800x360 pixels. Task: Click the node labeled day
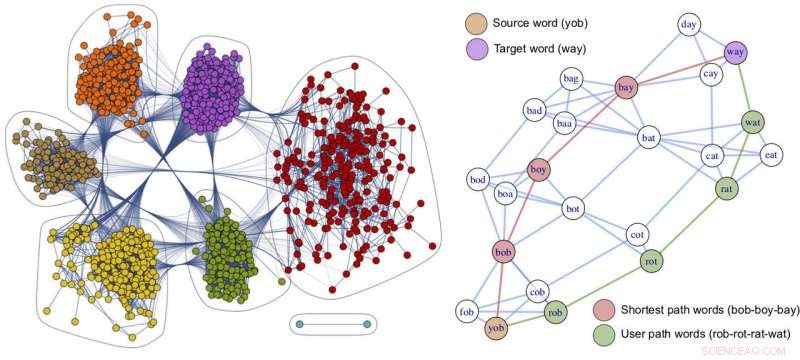click(x=688, y=23)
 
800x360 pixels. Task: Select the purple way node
click(x=735, y=52)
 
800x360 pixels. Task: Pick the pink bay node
click(x=627, y=88)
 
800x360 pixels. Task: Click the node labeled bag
click(x=571, y=77)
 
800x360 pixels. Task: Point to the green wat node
click(x=753, y=123)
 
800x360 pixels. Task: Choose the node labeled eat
click(x=771, y=154)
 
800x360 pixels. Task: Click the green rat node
click(x=727, y=187)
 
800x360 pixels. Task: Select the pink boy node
click(x=539, y=170)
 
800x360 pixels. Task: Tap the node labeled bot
click(x=573, y=209)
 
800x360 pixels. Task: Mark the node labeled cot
click(x=636, y=235)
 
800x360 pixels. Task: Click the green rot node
click(x=651, y=262)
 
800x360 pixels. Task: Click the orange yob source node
click(x=495, y=327)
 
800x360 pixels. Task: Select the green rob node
click(x=556, y=311)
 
